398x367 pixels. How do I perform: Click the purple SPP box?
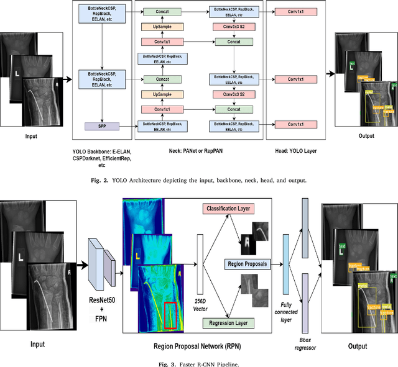101,126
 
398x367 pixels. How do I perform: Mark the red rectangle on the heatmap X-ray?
170,315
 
